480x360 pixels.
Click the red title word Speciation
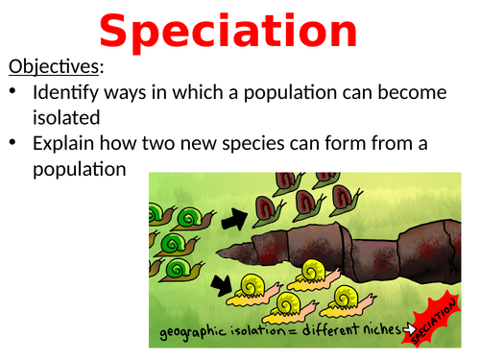coord(228,32)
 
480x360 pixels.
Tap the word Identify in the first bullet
coord(62,93)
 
